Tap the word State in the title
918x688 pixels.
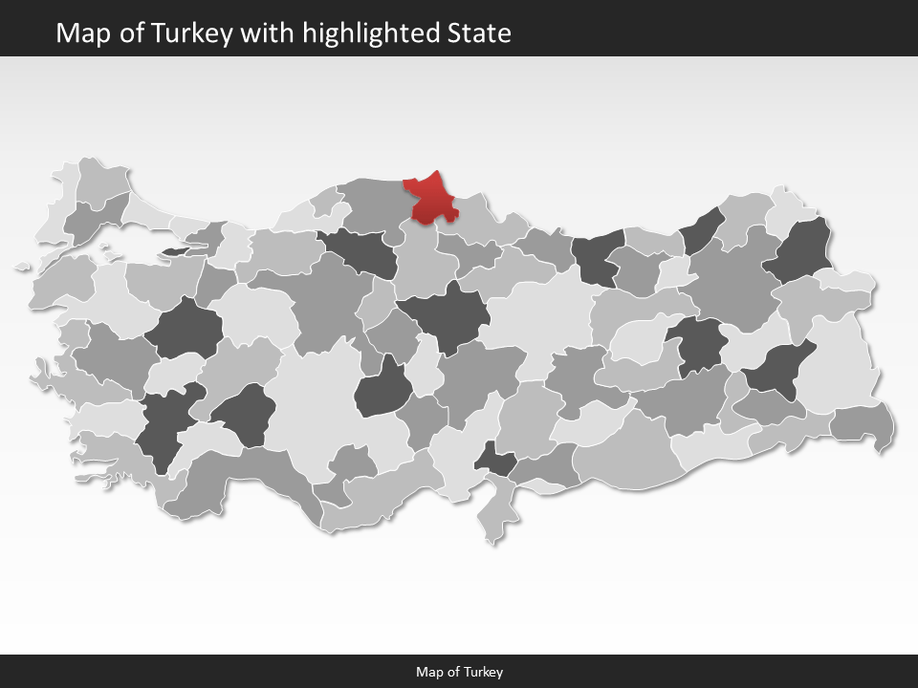point(479,33)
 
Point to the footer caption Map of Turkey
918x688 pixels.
point(459,672)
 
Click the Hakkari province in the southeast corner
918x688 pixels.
point(863,423)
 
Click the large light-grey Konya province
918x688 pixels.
point(316,401)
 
